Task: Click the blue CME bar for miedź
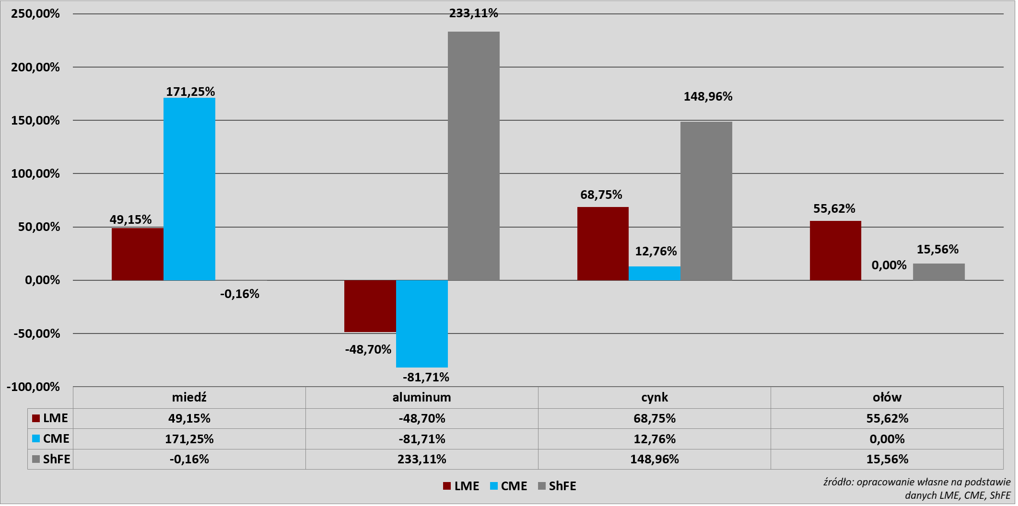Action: (x=189, y=189)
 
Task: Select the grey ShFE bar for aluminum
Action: (x=474, y=156)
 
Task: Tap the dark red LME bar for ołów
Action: (x=835, y=251)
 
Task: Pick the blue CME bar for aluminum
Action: (x=422, y=324)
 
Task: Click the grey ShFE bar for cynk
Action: (x=706, y=201)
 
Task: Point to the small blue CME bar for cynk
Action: (x=655, y=273)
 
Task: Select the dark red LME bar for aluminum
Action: (x=370, y=306)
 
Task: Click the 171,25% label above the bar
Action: (x=190, y=92)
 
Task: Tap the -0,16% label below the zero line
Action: (x=240, y=294)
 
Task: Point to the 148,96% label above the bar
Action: (x=708, y=96)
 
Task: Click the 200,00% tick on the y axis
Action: (x=35, y=67)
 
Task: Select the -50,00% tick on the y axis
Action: (x=37, y=333)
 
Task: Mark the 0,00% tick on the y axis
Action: (x=42, y=280)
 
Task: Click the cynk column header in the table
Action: (x=655, y=397)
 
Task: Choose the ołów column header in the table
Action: (x=887, y=397)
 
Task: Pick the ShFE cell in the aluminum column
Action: (x=422, y=459)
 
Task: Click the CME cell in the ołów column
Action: (x=887, y=439)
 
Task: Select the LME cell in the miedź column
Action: (x=189, y=418)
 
